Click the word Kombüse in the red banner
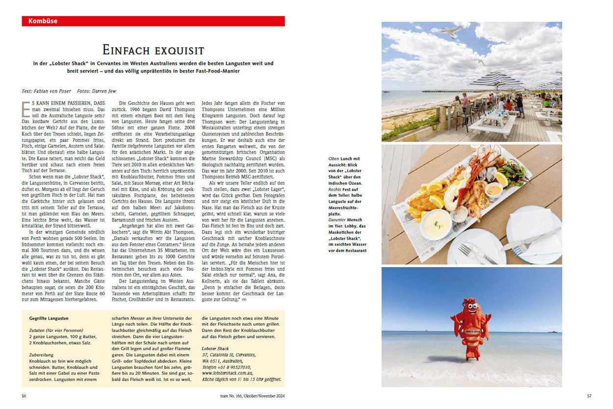click(43, 21)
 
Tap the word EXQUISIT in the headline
click(179, 50)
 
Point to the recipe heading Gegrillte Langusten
click(49, 318)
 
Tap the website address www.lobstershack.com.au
click(228, 374)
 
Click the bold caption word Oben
click(334, 159)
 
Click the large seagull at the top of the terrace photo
click(450, 31)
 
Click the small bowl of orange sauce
click(494, 189)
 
